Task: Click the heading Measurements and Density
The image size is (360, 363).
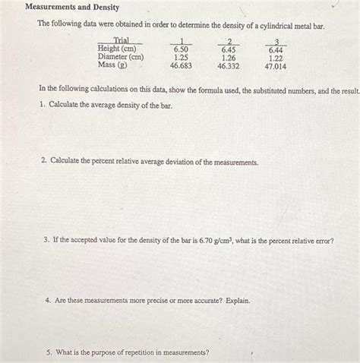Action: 72,7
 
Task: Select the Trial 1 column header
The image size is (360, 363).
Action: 181,40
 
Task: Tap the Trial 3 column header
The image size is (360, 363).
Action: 276,40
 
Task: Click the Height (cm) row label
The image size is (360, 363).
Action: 117,49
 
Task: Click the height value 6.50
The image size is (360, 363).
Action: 181,49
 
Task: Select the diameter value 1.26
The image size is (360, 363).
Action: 229,57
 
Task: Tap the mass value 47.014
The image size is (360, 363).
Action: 275,66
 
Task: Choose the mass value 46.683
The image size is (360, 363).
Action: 181,66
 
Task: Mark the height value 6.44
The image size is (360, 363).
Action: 276,49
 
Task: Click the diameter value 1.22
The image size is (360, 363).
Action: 276,57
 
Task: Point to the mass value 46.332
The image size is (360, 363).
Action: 229,66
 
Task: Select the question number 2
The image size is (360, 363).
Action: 44,162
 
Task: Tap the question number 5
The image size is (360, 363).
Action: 49,352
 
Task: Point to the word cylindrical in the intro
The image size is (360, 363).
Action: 264,26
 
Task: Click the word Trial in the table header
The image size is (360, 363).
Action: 121,40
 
